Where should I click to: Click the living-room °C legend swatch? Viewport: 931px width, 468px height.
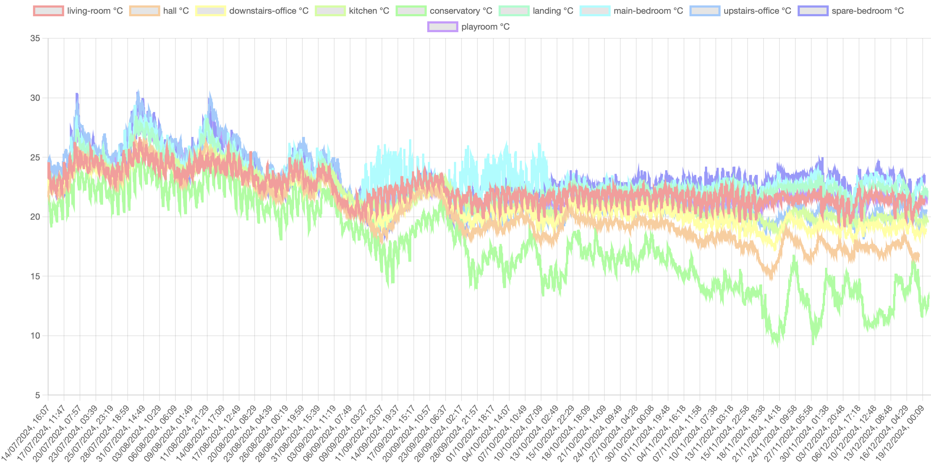[x=48, y=11]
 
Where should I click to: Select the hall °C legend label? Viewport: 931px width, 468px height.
[x=176, y=11]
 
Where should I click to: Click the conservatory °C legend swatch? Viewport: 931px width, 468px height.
[x=411, y=11]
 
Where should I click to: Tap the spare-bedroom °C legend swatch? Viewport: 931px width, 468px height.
[x=813, y=11]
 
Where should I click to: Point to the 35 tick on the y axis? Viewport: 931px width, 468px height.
[x=35, y=38]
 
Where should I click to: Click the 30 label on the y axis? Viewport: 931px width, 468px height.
[x=35, y=98]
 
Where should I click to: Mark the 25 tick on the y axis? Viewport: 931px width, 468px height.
[x=35, y=157]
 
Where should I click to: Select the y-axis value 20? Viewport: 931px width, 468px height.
[x=35, y=217]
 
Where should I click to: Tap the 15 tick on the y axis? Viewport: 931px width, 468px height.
[x=35, y=276]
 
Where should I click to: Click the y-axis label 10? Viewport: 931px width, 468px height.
[x=35, y=336]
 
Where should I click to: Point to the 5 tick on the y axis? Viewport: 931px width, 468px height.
[x=37, y=395]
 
